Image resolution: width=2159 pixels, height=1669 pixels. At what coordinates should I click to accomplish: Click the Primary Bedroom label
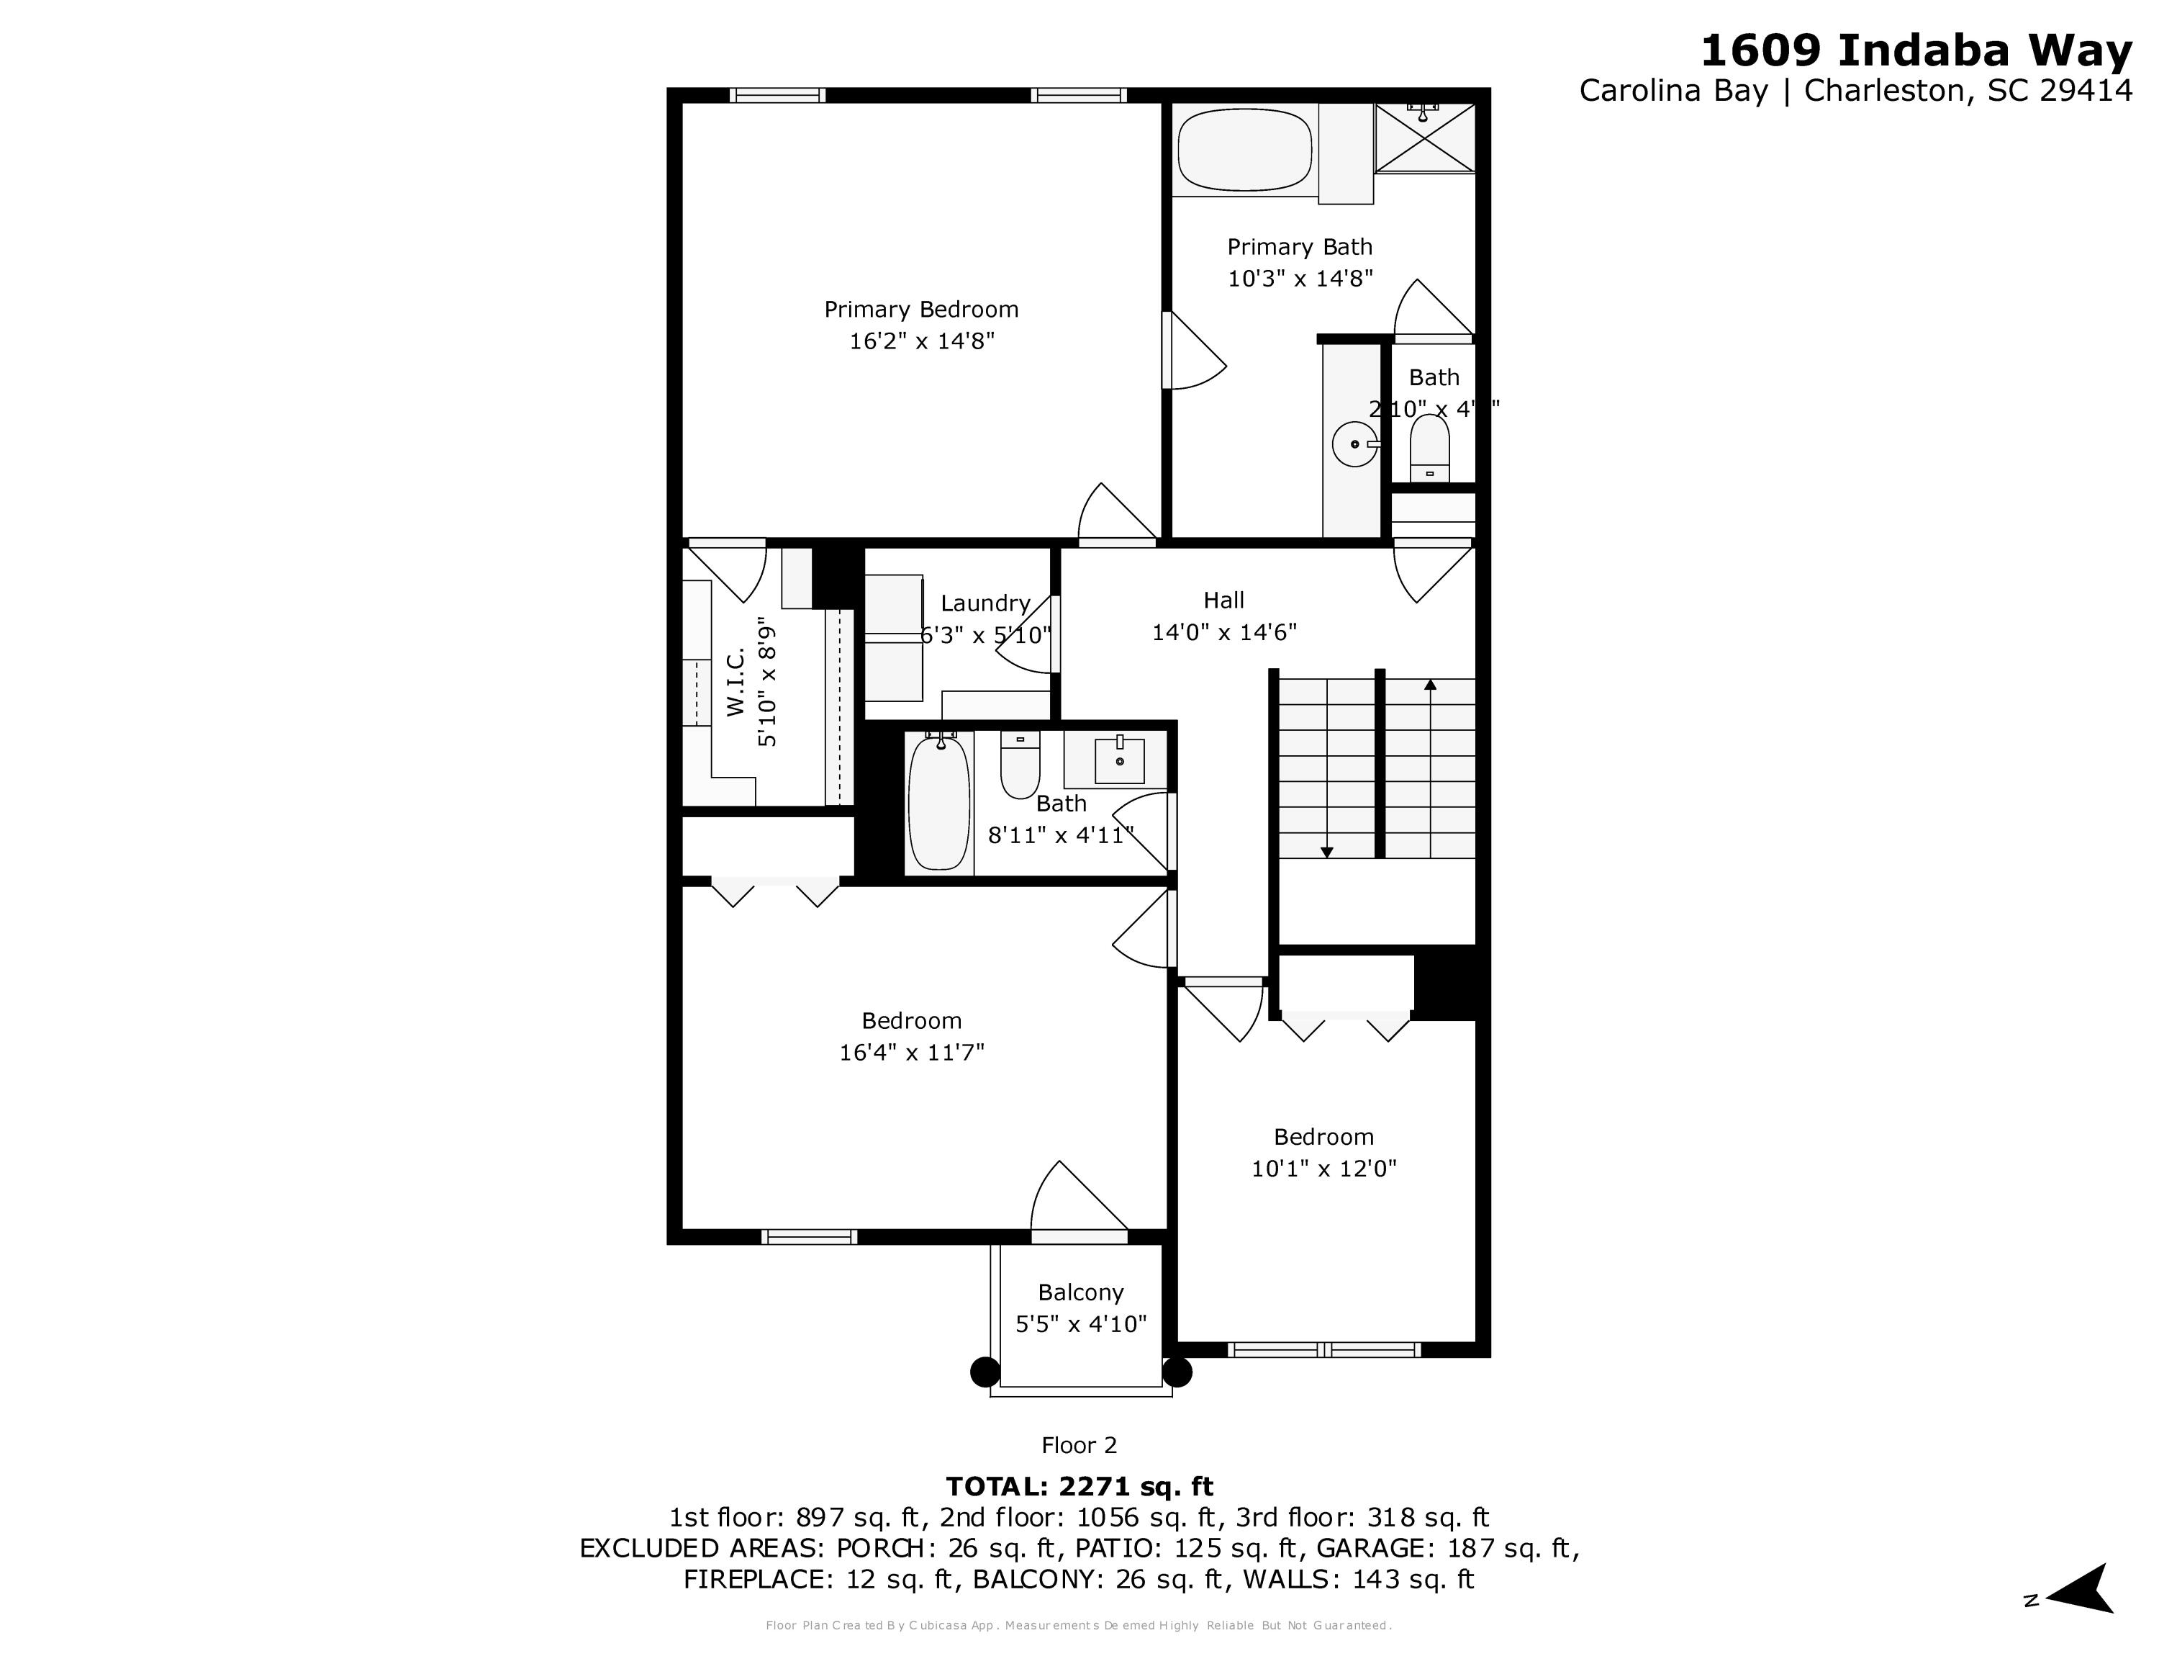(x=920, y=310)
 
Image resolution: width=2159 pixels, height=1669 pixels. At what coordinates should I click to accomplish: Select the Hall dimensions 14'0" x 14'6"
(x=1224, y=631)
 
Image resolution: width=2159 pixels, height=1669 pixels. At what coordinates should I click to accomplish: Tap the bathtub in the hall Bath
(x=938, y=803)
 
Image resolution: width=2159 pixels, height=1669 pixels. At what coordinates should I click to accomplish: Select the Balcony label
(x=1080, y=1292)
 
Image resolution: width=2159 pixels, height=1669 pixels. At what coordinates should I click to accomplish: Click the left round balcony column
(x=985, y=1372)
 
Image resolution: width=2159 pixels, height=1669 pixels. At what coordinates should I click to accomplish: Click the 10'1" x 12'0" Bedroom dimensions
(x=1323, y=1169)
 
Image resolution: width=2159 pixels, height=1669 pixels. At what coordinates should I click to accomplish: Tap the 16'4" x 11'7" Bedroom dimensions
(x=911, y=1052)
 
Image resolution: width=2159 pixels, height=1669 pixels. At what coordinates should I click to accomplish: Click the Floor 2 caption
(x=1079, y=1446)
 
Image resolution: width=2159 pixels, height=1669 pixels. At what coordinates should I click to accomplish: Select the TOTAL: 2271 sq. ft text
(x=1079, y=1486)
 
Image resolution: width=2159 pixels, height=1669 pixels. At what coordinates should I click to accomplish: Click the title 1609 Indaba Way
(x=1915, y=51)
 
